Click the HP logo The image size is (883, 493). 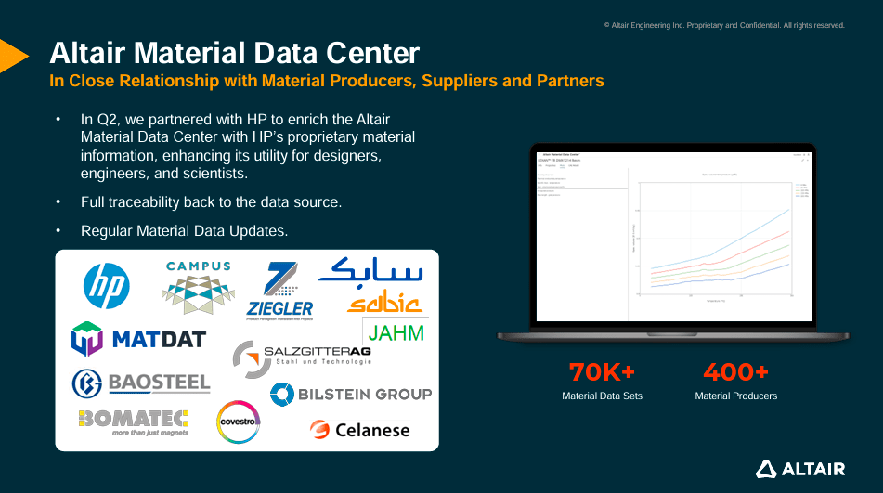click(x=107, y=287)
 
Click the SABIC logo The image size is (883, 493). click(x=371, y=286)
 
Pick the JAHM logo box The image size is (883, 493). click(x=396, y=332)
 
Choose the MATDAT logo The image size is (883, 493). click(x=138, y=338)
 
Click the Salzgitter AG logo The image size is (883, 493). click(x=303, y=356)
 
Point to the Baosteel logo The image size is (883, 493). click(x=141, y=383)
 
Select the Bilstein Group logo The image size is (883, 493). click(x=351, y=394)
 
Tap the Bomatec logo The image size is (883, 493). click(x=134, y=422)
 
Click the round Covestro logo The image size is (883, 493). click(x=239, y=422)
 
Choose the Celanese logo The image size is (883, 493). click(x=359, y=430)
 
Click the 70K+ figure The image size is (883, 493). click(x=602, y=372)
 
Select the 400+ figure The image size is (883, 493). click(x=735, y=372)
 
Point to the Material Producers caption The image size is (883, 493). click(x=735, y=396)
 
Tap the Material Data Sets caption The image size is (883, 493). click(x=602, y=396)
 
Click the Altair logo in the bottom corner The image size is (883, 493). click(x=800, y=469)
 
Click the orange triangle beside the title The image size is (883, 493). click(x=11, y=56)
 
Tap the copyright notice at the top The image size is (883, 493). click(x=724, y=25)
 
